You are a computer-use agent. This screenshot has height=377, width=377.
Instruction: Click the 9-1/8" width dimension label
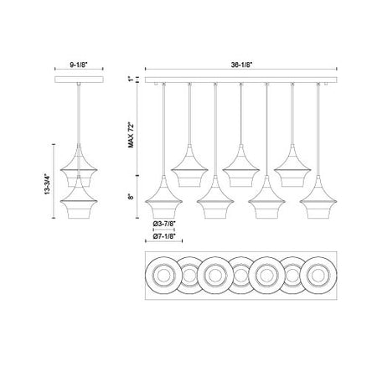point(79,65)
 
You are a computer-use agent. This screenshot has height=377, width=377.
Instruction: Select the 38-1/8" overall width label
point(241,65)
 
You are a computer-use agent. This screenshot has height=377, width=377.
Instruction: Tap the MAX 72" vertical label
point(131,135)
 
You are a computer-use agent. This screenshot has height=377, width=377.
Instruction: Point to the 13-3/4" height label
point(47,184)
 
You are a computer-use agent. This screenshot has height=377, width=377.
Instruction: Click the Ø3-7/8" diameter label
point(164,224)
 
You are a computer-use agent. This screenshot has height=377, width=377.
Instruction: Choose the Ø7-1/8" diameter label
point(164,236)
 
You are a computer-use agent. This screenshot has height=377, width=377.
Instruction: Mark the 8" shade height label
point(131,197)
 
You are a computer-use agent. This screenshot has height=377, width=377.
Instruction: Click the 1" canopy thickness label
point(131,80)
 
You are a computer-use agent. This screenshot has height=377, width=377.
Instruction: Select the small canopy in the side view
point(79,80)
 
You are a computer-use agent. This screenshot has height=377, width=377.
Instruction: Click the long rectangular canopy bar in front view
point(241,80)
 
